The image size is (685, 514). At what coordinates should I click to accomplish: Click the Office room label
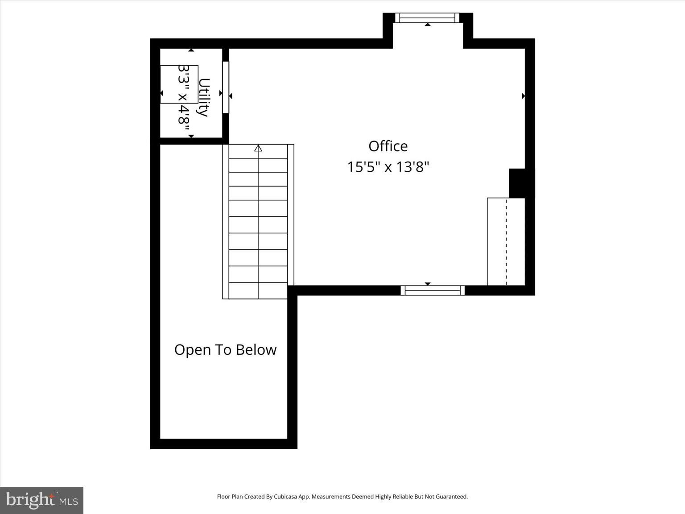pos(388,146)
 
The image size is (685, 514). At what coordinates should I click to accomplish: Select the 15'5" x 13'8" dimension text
pos(388,167)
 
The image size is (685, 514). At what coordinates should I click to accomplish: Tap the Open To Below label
pos(225,350)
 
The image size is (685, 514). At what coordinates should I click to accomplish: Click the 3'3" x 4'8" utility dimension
pos(184,95)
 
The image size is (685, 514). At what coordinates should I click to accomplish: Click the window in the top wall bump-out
pos(427,18)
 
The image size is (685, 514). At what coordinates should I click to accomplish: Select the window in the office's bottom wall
pos(433,290)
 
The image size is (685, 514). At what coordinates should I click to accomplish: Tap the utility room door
pos(226,87)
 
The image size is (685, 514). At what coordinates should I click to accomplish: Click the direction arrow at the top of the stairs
pos(258,148)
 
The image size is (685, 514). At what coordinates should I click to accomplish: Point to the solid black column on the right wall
pos(517,183)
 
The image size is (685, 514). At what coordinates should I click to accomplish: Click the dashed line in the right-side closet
pos(506,241)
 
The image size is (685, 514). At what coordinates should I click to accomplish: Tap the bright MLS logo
pos(41,500)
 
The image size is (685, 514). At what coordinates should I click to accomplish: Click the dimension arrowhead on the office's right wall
pos(523,96)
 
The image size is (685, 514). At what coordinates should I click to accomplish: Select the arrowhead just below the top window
pos(427,25)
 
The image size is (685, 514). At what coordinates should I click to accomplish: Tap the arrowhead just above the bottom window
pos(427,284)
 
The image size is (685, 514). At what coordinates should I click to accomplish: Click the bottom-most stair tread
pos(258,291)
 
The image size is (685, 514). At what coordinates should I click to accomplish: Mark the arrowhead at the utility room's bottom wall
pos(191,136)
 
